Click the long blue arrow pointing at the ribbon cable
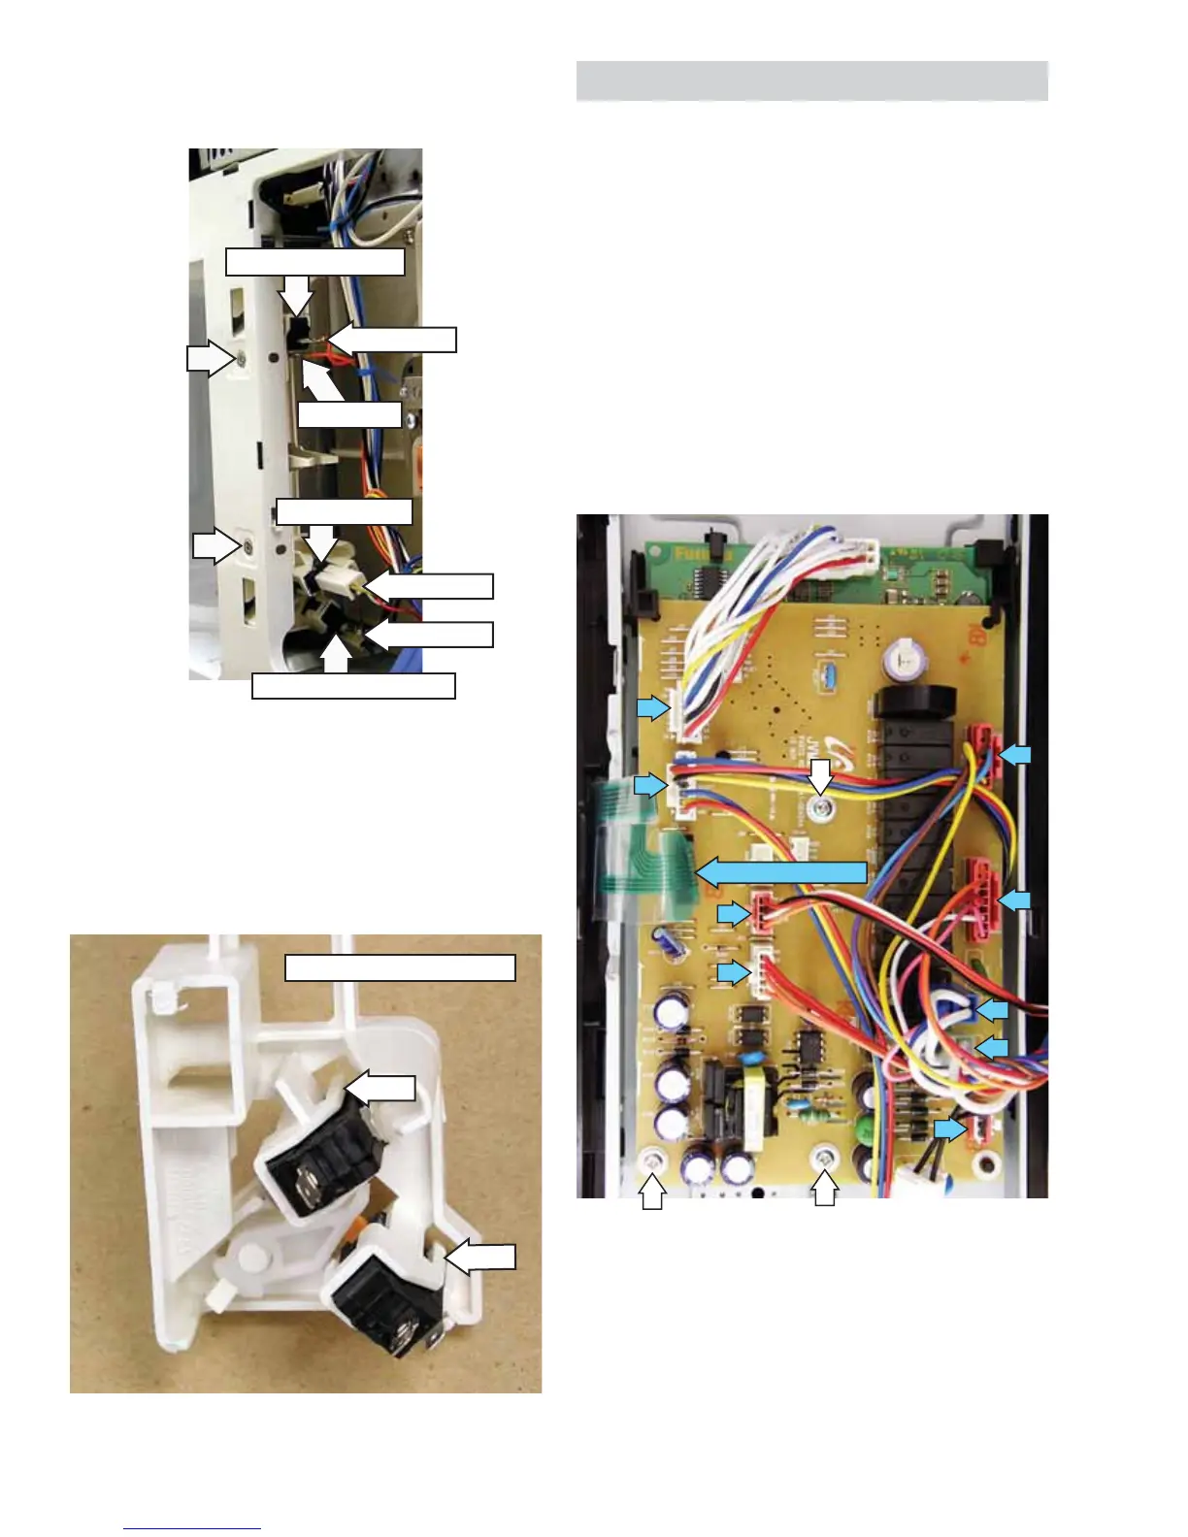[781, 871]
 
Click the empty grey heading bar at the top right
[811, 81]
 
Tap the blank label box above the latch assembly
[399, 967]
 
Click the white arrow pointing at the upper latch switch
[381, 1088]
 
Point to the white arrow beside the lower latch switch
[480, 1259]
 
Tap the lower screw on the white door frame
[248, 547]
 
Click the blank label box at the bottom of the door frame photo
[353, 685]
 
